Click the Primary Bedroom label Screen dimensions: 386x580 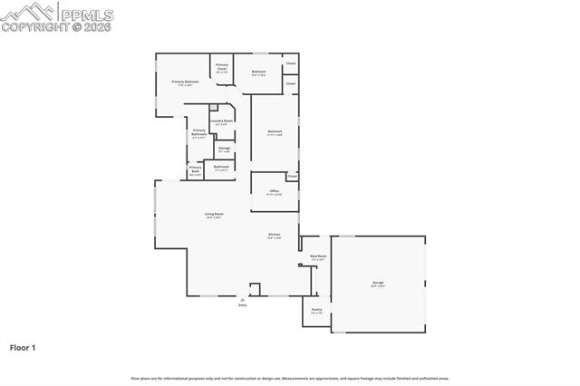185,82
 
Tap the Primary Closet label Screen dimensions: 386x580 222,65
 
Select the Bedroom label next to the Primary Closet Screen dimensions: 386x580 258,72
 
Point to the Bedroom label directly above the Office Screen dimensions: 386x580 275,132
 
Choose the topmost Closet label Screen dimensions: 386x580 291,63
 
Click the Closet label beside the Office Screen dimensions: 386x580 292,176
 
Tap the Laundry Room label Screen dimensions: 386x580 222,121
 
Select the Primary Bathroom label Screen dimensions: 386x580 198,132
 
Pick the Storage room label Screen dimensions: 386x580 224,148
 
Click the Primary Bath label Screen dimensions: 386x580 195,168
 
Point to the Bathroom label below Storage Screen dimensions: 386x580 221,166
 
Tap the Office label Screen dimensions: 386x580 274,191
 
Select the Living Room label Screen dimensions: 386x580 214,214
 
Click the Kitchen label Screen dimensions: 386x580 274,235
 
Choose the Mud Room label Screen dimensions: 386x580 318,256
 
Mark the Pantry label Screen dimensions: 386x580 316,310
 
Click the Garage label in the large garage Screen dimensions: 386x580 377,283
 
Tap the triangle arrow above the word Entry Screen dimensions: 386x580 242,298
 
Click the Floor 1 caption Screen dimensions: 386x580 23,347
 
